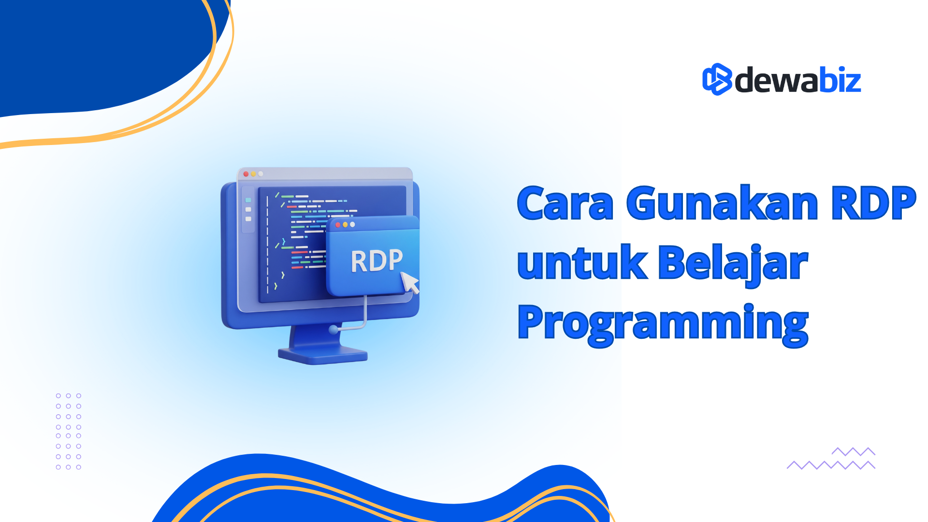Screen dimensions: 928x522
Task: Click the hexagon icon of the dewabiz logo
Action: coord(717,79)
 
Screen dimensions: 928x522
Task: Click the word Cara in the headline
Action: coord(565,203)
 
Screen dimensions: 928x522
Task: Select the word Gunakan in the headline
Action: coord(722,203)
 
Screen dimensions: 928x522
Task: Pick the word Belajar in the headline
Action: coord(733,265)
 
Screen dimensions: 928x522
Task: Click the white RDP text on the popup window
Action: coord(377,261)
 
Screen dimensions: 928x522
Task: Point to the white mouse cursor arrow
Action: coord(410,282)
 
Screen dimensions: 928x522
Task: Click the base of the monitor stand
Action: coord(323,355)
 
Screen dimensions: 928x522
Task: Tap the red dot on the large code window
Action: coord(246,174)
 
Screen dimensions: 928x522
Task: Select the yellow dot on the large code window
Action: coord(253,174)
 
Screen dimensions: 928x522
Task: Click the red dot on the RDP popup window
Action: coord(338,225)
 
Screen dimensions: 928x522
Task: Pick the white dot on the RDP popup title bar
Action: coord(352,225)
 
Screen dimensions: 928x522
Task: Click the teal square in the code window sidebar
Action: coord(248,200)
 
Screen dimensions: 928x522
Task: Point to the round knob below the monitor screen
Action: coord(333,330)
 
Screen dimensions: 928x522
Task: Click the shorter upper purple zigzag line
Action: coord(854,451)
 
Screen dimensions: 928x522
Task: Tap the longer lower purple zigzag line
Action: coord(831,465)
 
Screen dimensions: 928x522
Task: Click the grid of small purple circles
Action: coord(69,431)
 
